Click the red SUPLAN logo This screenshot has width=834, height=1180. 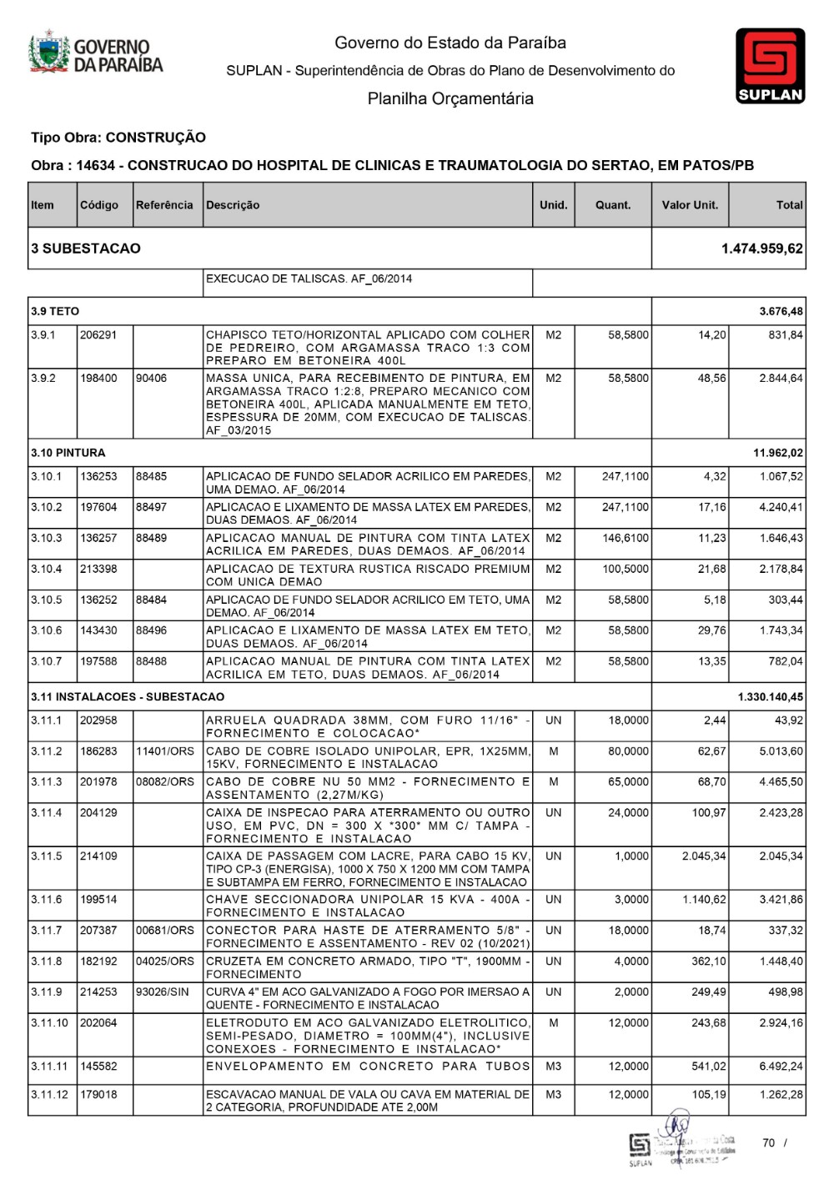770,65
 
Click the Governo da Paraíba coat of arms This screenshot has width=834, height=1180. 49,53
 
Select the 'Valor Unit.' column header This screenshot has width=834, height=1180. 690,205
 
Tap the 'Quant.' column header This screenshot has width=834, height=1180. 613,205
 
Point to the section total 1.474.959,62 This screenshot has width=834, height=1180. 762,249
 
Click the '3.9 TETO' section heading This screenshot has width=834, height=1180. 55,311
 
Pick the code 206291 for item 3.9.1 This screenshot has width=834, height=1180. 98,334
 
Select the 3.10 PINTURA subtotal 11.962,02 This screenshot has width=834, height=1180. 778,453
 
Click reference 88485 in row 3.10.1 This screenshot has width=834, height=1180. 151,476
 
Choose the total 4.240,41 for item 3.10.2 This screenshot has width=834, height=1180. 781,507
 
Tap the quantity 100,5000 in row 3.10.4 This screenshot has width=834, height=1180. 625,569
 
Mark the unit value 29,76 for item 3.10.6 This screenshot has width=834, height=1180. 711,630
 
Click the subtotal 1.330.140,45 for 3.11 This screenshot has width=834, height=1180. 771,696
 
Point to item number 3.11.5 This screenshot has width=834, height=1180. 47,856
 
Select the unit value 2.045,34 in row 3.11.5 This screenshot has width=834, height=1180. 704,856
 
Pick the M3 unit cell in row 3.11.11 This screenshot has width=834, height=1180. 553,1066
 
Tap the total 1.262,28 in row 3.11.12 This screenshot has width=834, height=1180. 781,1094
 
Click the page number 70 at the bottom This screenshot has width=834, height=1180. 768,1142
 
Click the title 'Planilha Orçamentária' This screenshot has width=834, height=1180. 450,98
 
